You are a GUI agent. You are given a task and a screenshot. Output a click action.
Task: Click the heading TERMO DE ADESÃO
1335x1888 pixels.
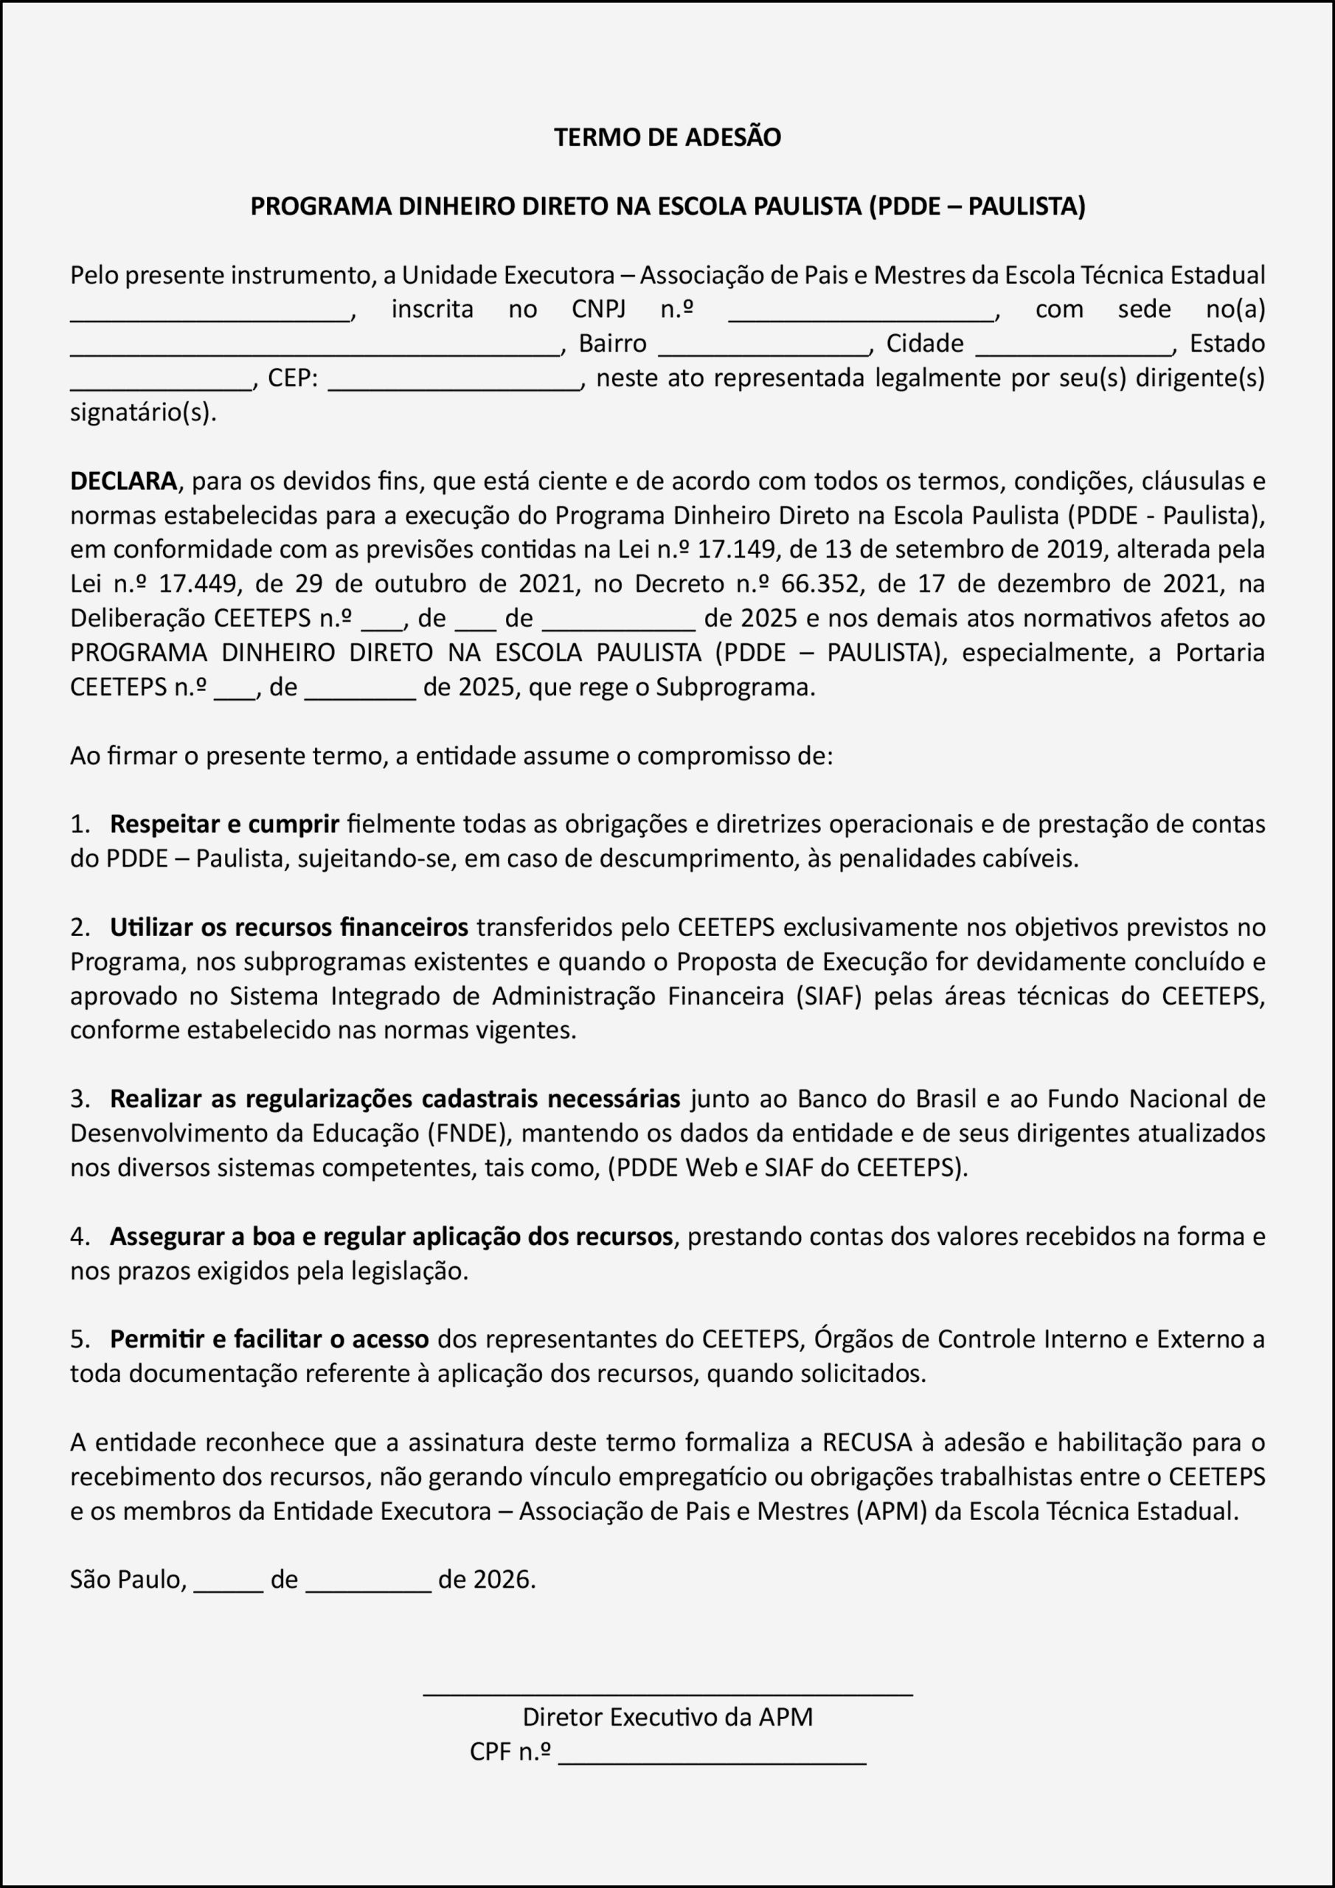tap(667, 136)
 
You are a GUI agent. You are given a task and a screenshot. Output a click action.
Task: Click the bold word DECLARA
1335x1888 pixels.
tap(123, 480)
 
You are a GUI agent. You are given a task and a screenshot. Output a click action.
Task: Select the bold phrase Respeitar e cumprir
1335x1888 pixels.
tap(224, 823)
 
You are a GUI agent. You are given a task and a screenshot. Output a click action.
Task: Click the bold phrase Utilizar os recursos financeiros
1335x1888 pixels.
tap(288, 927)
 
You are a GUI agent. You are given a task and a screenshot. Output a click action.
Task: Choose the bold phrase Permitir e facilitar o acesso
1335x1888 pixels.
tap(269, 1339)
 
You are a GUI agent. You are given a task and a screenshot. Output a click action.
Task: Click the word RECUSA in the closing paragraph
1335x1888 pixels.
tap(867, 1442)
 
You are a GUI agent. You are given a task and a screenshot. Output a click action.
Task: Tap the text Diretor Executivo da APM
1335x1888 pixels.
tap(667, 1717)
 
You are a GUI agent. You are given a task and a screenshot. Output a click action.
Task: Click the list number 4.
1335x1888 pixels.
tap(79, 1236)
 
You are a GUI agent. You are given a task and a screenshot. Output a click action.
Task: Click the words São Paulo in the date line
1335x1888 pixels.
tap(128, 1579)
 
